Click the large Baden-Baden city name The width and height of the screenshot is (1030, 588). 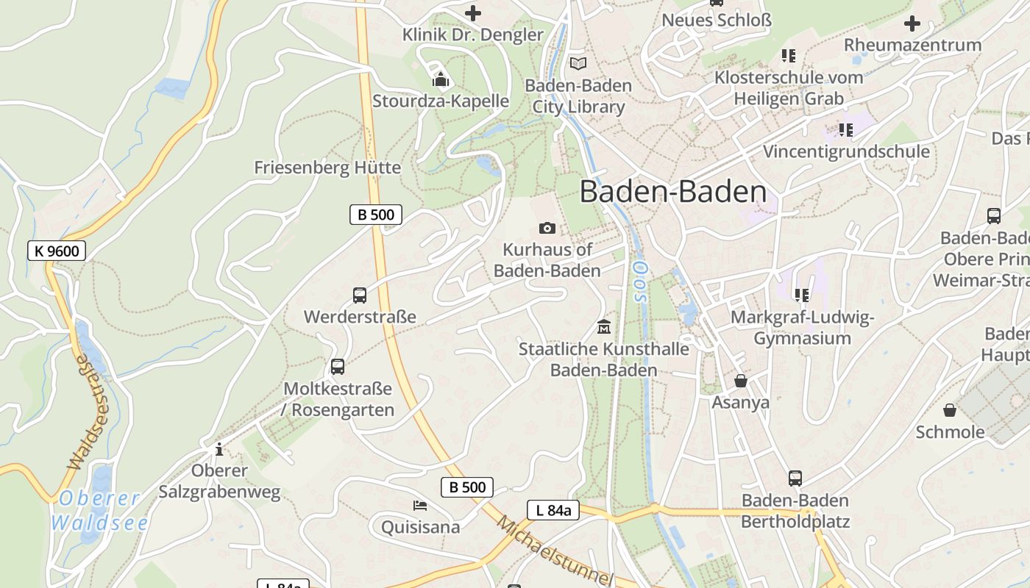[673, 192]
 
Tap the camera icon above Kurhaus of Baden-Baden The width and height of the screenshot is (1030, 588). [547, 228]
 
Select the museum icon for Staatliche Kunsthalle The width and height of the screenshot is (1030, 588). [604, 326]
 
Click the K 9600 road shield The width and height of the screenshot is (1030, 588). [57, 251]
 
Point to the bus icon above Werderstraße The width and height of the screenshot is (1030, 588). [360, 295]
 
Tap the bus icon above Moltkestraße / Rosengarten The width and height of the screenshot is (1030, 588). [338, 366]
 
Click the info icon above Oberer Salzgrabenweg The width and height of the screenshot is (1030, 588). [219, 448]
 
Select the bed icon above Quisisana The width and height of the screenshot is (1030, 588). [420, 505]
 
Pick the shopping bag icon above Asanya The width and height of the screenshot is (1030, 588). [741, 381]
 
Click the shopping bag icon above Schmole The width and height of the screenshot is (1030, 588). [950, 410]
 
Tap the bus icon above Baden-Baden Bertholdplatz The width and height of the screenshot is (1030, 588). [795, 478]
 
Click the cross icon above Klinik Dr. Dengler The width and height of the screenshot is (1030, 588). [473, 12]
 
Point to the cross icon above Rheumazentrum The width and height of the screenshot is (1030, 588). [912, 24]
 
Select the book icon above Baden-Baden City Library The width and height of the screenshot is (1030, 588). [578, 64]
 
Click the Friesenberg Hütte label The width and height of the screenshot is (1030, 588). [327, 168]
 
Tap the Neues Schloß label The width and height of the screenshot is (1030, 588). [717, 20]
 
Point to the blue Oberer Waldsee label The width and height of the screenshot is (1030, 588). [99, 511]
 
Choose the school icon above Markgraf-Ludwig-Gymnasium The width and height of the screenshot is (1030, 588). [801, 295]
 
